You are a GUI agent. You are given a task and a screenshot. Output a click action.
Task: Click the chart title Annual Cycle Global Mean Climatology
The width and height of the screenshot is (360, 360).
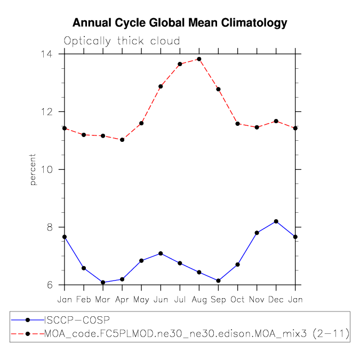click(180, 23)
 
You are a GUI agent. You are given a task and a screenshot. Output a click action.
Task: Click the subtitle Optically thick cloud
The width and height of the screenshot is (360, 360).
click(122, 41)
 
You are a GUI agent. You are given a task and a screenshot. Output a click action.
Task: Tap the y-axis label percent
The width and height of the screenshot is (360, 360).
click(33, 170)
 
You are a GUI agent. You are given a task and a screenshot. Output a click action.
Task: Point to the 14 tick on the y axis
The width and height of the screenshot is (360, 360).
click(52, 54)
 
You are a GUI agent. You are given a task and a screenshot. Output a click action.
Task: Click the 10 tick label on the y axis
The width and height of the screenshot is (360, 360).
click(52, 170)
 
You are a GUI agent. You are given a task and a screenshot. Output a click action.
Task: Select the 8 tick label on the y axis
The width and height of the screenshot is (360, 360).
click(55, 227)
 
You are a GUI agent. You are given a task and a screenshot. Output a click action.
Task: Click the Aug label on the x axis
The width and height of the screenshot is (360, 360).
click(199, 300)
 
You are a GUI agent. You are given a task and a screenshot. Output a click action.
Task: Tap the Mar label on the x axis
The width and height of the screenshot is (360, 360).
click(103, 300)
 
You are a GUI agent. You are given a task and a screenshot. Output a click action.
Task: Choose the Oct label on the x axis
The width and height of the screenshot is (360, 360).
click(237, 300)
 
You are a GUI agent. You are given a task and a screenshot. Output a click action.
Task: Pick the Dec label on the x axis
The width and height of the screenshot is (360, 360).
click(276, 300)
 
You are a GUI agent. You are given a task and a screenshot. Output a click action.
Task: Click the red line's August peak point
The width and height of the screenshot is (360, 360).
click(199, 59)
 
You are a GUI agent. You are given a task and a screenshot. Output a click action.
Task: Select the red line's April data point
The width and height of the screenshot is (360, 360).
click(122, 140)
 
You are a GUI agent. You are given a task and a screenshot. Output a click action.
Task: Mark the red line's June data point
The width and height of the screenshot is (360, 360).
click(161, 86)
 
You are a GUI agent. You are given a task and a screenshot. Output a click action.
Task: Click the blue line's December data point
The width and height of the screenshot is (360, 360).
click(276, 221)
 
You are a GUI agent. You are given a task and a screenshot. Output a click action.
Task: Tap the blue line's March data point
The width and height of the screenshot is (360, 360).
click(103, 282)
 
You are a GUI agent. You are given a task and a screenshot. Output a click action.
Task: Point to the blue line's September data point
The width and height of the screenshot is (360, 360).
click(218, 281)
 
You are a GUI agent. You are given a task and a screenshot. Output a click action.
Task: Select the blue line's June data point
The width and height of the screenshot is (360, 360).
click(161, 253)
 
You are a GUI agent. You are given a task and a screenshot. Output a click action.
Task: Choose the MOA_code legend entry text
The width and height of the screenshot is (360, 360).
click(196, 334)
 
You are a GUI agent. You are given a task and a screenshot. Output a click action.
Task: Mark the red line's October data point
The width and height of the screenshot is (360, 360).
click(237, 124)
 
